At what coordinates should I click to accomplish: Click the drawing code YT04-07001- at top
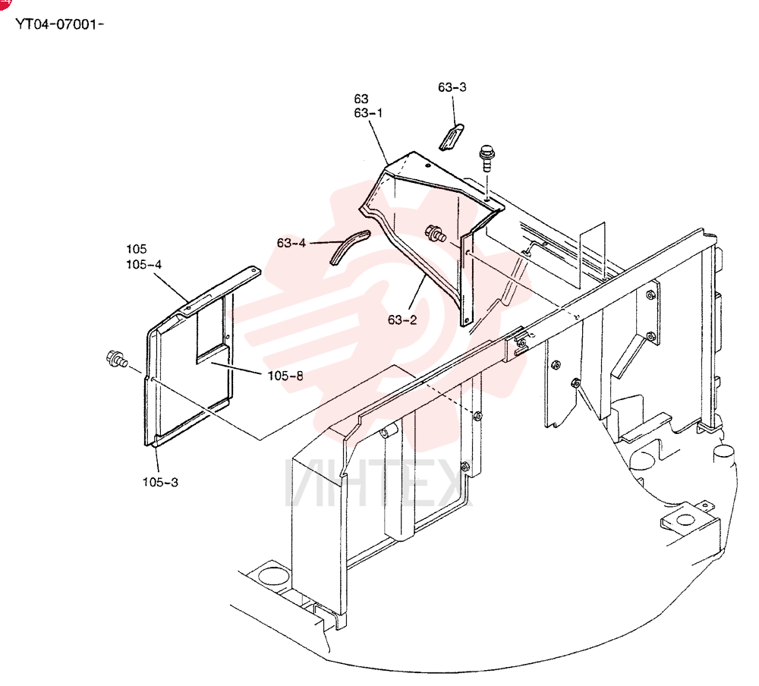[59, 24]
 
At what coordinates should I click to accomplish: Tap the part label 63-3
[452, 87]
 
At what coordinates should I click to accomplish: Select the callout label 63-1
[368, 113]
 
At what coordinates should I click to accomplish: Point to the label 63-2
[402, 320]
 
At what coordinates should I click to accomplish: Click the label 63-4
[291, 243]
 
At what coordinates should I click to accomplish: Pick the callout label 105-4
[143, 264]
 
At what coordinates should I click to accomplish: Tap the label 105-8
[285, 376]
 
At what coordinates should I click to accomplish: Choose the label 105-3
[160, 482]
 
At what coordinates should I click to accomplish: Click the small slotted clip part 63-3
[452, 137]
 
